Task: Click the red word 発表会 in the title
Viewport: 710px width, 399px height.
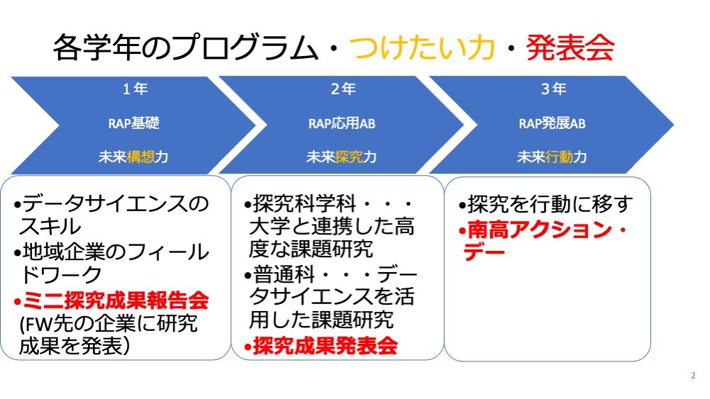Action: click(x=570, y=47)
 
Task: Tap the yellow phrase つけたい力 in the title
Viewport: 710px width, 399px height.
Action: click(x=421, y=47)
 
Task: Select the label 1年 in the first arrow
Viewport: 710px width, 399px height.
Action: click(x=135, y=89)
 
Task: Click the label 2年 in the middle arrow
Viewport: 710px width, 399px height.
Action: click(x=343, y=89)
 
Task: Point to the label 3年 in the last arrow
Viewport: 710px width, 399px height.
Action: click(x=553, y=89)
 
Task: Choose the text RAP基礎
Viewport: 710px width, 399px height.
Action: click(x=134, y=123)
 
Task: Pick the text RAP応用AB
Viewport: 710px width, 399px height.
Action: click(x=342, y=123)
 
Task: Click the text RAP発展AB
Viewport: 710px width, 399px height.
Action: click(x=552, y=123)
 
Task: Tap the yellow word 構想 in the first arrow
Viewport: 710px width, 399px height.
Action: click(x=141, y=157)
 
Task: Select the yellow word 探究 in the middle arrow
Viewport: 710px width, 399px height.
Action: click(x=349, y=157)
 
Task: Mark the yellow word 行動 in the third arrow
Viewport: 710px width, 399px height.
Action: click(x=559, y=157)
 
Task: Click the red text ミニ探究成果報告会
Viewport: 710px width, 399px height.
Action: click(x=116, y=300)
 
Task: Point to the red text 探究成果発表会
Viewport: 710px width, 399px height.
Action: click(x=325, y=346)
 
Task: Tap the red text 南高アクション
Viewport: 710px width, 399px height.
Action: click(x=540, y=230)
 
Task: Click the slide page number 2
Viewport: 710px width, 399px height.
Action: click(x=693, y=376)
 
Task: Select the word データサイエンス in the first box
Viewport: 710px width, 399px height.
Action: click(x=105, y=203)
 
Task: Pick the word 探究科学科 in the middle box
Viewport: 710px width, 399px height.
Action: click(x=305, y=203)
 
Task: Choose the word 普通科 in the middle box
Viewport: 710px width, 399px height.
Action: click(x=284, y=274)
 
